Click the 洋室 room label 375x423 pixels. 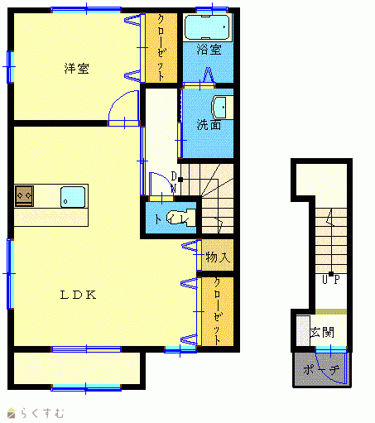77,69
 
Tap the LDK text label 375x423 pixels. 79,295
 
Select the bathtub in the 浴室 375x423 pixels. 207,27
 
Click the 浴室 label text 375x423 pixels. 209,50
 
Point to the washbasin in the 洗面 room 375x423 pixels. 222,108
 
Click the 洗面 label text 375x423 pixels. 209,125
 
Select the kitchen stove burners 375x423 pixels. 24,196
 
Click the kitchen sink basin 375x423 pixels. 73,197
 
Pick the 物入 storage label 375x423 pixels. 218,257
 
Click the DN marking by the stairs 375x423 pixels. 174,182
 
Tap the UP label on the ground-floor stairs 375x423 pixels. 331,280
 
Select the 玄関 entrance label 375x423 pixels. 322,332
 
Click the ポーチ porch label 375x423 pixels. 321,370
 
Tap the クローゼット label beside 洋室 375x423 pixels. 161,48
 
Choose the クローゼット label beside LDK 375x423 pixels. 218,311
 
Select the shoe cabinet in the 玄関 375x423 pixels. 303,330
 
